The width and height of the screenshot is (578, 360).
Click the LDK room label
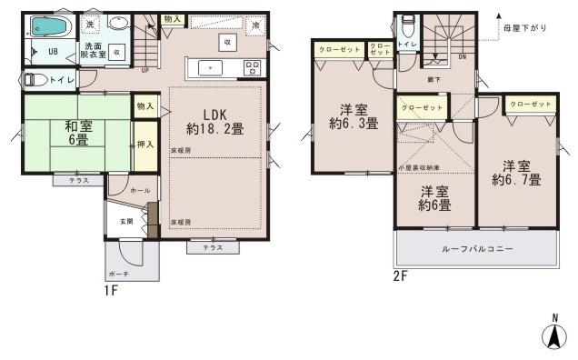coord(214,122)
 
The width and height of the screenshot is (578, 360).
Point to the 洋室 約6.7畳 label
coord(515,172)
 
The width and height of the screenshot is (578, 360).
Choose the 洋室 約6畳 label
coord(435,197)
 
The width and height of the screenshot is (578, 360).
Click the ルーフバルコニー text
coord(477,248)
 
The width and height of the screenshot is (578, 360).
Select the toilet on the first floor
coord(36,80)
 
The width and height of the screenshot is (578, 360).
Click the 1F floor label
coord(111,291)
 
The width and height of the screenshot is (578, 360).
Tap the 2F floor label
coord(401,275)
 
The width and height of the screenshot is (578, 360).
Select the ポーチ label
coord(117,273)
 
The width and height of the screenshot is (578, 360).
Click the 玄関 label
coord(126,221)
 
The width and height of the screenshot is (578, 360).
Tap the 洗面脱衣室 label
coord(94,50)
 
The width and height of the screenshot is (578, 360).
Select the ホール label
coord(142,191)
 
